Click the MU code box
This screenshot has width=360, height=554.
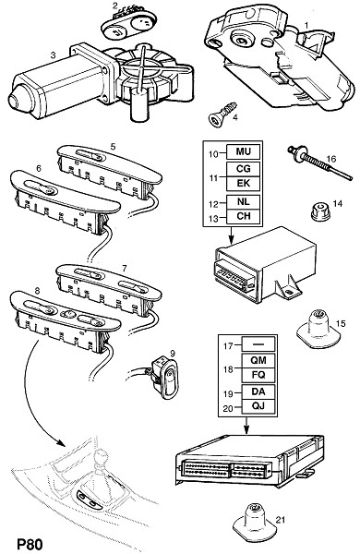[243, 152]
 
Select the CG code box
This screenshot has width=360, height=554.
[243, 169]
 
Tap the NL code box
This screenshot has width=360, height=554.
[243, 201]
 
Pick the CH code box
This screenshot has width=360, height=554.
[243, 216]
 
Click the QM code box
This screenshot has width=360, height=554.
[258, 360]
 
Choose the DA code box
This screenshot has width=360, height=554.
[258, 391]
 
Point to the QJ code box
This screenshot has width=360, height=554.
[258, 406]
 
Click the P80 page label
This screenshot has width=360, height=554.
[30, 544]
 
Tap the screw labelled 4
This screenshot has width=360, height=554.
[222, 113]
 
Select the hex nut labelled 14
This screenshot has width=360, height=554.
[320, 211]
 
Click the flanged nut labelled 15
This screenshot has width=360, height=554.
[318, 329]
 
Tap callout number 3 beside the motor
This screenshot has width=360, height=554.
[53, 55]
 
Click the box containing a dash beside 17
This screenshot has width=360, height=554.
[258, 343]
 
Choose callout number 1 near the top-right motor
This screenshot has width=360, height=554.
[306, 25]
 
